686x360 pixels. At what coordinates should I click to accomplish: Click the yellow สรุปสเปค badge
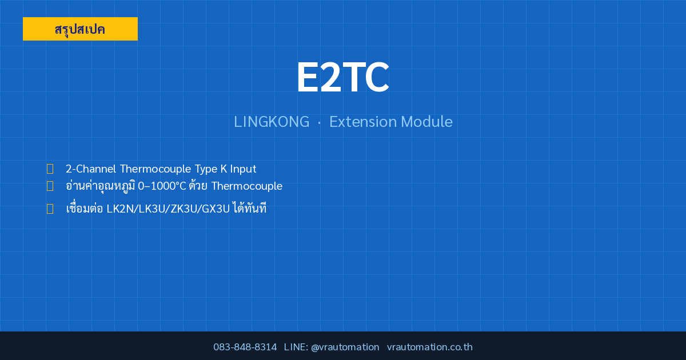point(80,29)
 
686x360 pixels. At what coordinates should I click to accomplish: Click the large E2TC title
point(343,77)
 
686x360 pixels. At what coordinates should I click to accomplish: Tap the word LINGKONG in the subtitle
point(272,122)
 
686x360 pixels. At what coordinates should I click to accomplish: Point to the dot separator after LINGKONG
point(320,123)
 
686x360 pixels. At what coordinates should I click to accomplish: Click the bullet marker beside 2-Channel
point(50,169)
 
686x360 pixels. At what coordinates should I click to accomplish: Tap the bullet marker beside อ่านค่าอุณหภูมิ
point(50,186)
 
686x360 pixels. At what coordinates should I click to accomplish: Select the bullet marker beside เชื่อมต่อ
point(50,209)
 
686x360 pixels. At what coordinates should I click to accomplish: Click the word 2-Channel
point(91,169)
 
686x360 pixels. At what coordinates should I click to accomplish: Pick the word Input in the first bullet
point(243,169)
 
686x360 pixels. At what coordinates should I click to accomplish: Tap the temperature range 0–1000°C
point(162,186)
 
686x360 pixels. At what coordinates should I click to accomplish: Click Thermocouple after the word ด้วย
point(247,186)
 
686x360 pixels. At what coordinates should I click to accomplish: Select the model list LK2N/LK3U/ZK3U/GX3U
point(168,209)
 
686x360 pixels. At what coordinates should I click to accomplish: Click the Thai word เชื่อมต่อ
point(84,207)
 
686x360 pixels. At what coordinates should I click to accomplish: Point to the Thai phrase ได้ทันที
point(250,207)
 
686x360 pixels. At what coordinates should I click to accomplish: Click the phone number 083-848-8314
point(245,347)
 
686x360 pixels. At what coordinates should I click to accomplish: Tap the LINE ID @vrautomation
point(345,347)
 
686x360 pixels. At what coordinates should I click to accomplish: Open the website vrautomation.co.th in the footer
point(430,347)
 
